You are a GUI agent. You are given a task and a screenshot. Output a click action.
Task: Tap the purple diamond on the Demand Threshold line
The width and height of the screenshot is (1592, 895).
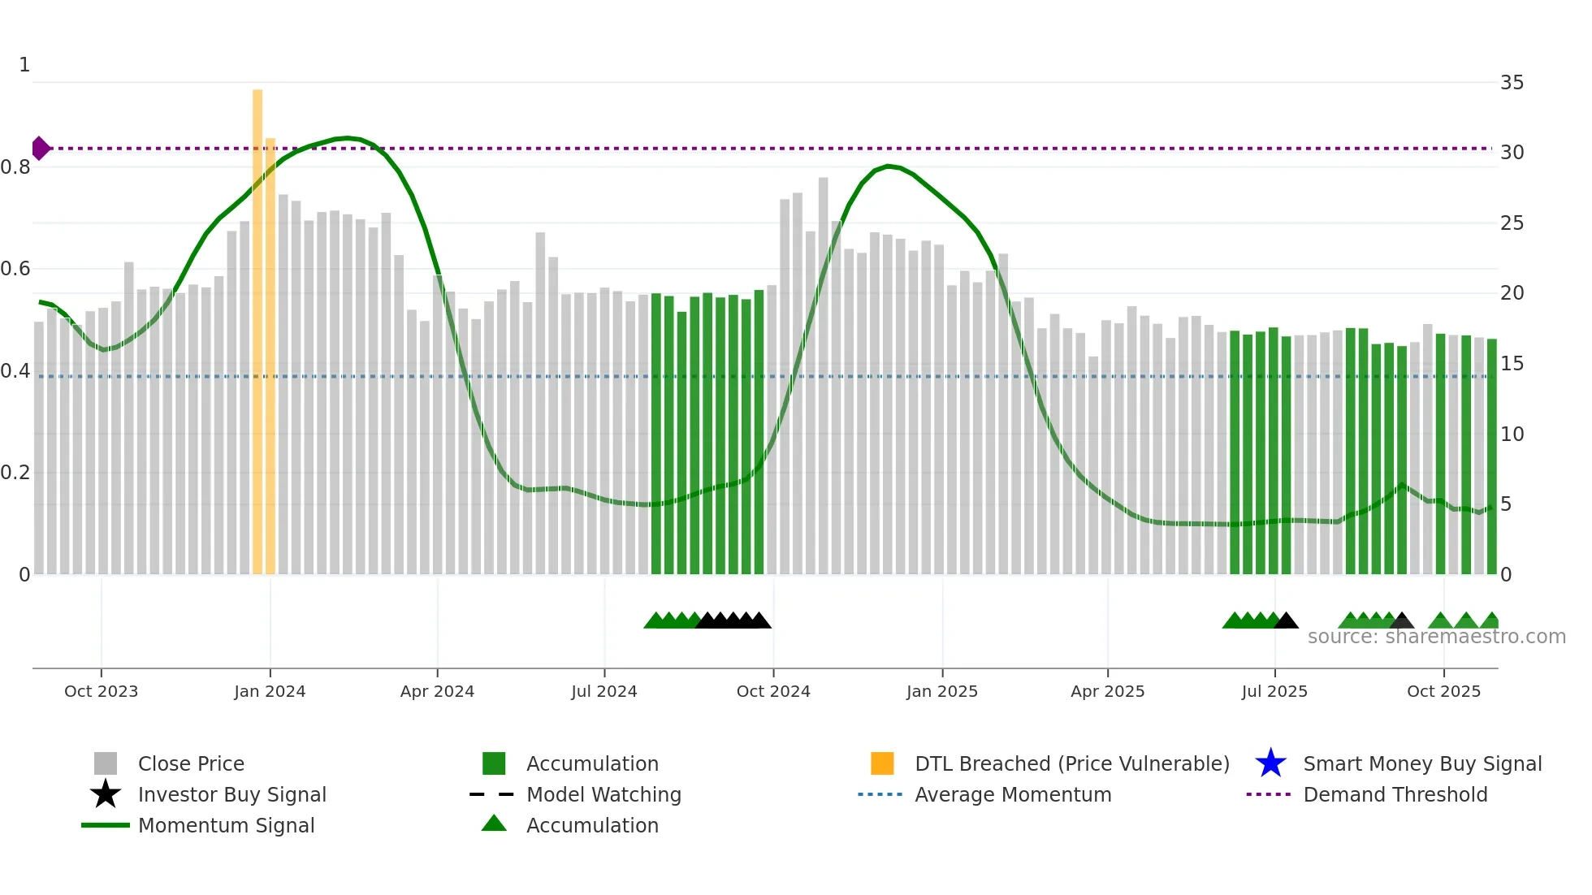tap(40, 149)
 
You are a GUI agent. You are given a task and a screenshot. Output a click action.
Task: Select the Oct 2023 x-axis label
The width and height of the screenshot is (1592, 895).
tap(101, 691)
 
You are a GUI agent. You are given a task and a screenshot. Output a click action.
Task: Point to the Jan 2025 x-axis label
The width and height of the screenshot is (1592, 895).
tap(942, 691)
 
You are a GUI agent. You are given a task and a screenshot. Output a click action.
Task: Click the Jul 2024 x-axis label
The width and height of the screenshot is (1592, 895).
tap(604, 691)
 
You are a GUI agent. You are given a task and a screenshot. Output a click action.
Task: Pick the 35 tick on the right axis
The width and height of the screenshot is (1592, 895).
tap(1512, 83)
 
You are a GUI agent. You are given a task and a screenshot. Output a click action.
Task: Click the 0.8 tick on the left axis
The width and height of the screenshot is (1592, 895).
tap(16, 167)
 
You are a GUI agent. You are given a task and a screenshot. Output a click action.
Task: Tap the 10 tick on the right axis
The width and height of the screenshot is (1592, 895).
tap(1512, 435)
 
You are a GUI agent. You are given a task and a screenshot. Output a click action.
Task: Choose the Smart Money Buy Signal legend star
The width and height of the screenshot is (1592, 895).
tap(1270, 763)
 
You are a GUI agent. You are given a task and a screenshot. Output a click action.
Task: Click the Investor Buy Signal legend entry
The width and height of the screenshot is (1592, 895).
tap(231, 794)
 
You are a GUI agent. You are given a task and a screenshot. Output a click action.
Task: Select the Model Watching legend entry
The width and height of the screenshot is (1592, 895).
tap(603, 794)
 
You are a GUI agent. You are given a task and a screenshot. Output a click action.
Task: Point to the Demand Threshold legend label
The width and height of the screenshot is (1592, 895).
tap(1395, 794)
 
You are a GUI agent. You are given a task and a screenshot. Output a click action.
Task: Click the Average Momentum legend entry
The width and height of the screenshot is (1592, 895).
tap(1012, 794)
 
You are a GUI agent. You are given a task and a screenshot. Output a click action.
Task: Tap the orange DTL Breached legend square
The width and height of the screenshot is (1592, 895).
tap(882, 763)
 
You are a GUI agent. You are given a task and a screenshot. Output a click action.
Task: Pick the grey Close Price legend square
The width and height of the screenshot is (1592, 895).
tap(106, 763)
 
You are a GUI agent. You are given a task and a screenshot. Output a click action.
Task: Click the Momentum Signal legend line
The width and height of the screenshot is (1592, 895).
tap(106, 825)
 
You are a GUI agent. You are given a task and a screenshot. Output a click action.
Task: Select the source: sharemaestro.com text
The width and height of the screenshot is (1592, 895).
tap(1436, 637)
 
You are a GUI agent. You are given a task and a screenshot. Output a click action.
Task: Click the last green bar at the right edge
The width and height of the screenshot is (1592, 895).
tap(1491, 455)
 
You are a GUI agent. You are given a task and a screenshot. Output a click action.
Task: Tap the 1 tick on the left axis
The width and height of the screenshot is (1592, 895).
tap(24, 65)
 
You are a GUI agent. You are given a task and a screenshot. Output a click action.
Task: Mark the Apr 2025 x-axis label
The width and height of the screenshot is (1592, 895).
tap(1107, 691)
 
